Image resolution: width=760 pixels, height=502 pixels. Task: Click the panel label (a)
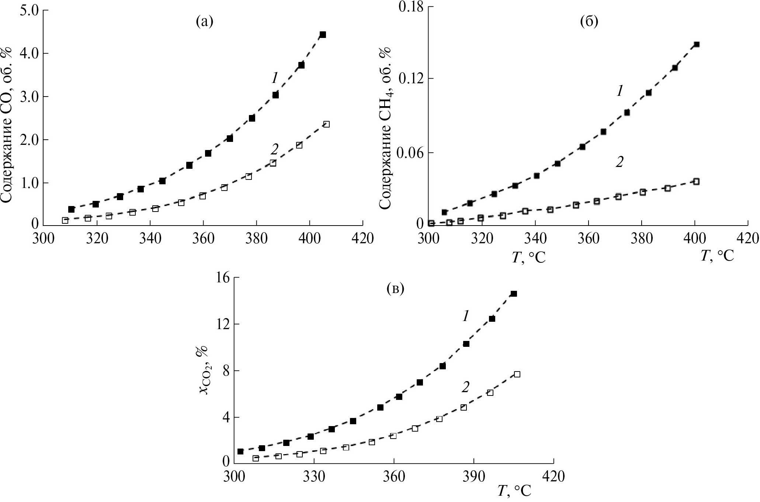click(x=204, y=22)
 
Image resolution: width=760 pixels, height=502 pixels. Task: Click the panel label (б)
click(x=589, y=22)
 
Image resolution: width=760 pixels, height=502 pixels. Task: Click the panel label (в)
click(x=395, y=289)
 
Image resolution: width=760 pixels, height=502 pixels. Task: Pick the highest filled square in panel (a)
click(x=323, y=35)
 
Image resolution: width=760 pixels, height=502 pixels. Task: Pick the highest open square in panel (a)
click(x=326, y=124)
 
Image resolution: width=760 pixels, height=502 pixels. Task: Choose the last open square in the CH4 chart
click(x=696, y=181)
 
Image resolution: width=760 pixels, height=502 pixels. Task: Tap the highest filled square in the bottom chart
click(x=514, y=294)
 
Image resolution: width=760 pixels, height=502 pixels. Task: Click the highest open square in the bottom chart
click(x=517, y=374)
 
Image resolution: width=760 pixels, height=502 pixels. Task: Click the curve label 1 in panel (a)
click(x=274, y=78)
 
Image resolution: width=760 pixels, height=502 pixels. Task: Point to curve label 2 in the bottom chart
click(x=465, y=387)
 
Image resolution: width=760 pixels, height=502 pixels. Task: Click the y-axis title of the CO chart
click(x=8, y=125)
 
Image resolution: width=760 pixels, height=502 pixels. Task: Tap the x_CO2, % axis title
click(x=204, y=370)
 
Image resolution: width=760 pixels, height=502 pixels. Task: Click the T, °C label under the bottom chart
click(x=514, y=491)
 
